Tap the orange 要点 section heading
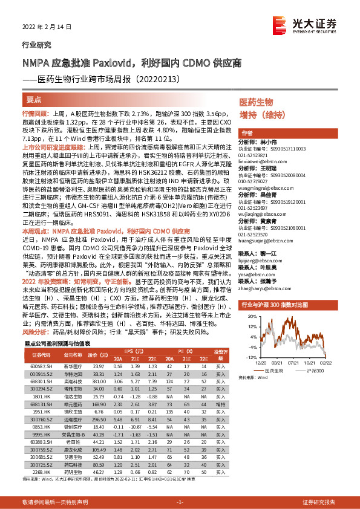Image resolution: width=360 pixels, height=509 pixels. (34, 97)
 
